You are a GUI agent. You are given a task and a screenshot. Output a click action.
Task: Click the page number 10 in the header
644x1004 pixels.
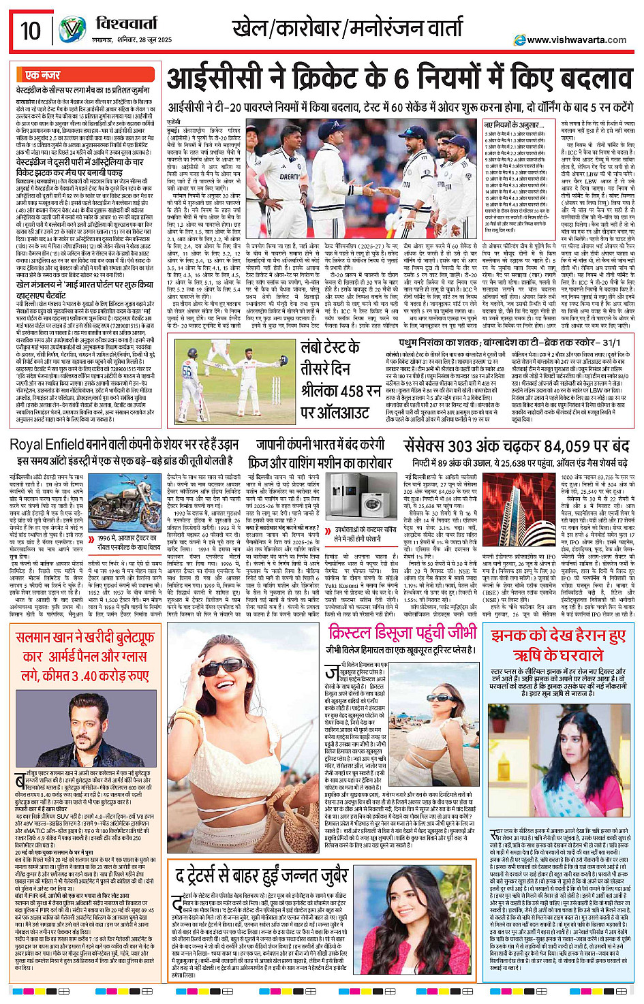tap(31, 31)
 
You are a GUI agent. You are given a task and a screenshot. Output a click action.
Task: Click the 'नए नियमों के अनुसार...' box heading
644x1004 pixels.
tap(514, 125)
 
